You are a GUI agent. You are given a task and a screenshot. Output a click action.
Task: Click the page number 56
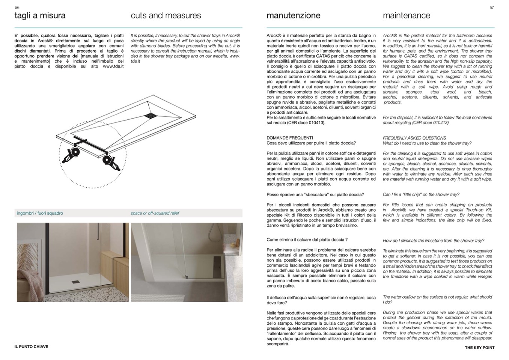click(x=17, y=8)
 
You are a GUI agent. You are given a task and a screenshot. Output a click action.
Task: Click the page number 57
click(x=492, y=8)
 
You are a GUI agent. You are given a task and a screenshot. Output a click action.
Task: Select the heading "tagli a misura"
click(x=40, y=16)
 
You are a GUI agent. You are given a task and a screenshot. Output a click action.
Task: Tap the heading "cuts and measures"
click(x=166, y=16)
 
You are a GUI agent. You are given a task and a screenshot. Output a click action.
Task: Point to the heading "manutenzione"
click(x=293, y=16)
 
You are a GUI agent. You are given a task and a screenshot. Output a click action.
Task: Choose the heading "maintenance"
click(x=406, y=16)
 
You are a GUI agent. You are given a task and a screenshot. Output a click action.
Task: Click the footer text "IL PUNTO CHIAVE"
click(x=31, y=346)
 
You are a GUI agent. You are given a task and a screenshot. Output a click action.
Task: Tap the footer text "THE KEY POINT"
click(x=479, y=348)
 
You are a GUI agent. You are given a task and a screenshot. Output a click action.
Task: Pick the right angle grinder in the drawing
click(x=111, y=162)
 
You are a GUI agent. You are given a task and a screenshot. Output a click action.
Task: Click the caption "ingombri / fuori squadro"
click(x=40, y=213)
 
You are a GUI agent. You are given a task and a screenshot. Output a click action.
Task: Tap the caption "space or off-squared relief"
click(x=155, y=213)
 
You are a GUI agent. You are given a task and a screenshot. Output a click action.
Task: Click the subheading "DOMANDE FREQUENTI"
click(x=289, y=138)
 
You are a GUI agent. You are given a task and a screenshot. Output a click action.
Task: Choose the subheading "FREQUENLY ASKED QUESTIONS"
click(x=414, y=138)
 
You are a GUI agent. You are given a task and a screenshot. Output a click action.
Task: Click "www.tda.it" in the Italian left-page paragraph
click(x=113, y=66)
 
